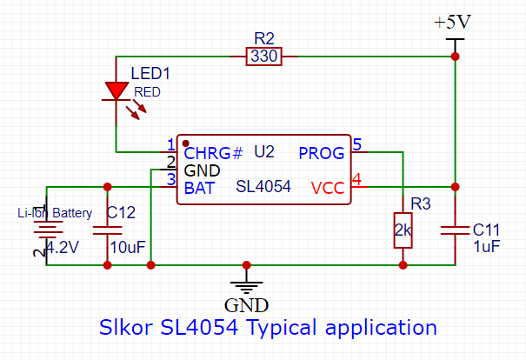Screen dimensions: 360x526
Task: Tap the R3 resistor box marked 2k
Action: coord(403,230)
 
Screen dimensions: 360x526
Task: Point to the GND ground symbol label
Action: coord(246,305)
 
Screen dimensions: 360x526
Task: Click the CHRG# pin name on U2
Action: coord(213,154)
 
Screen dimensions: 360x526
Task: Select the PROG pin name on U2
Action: coord(321,154)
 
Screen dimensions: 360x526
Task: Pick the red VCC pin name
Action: coord(328,188)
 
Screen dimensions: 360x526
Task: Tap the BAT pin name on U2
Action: coord(197,187)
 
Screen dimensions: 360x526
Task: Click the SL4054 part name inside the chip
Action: coord(263,187)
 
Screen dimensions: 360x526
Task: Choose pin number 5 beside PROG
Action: coord(356,144)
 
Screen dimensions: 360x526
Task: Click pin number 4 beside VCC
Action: coord(356,179)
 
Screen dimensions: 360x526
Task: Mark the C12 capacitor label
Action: coord(121,211)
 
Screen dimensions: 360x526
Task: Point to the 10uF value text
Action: coord(124,247)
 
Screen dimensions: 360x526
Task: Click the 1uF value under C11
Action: coord(485,247)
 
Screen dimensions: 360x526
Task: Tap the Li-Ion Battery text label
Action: coord(55,212)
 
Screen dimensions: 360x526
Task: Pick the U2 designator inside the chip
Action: coord(264,152)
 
